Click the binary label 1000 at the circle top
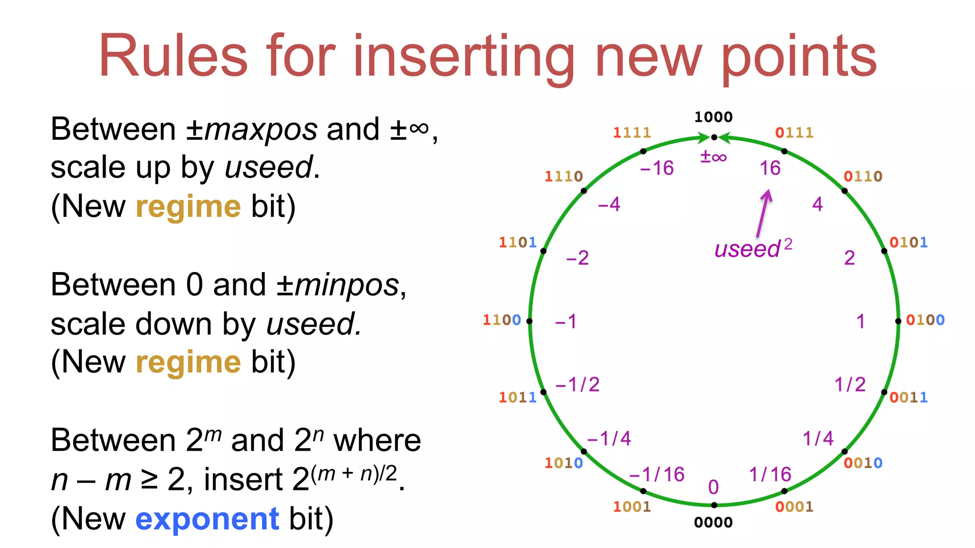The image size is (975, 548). point(713,117)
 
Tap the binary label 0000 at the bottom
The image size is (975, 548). point(713,522)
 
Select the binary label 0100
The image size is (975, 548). point(925,320)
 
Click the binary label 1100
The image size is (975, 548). point(502,320)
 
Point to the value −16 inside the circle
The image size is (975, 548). point(657,168)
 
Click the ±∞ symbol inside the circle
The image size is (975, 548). point(713,157)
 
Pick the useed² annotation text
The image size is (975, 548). point(753,248)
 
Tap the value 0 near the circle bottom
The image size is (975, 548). point(713,487)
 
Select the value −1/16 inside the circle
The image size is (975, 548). point(657,474)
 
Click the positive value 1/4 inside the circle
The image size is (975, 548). point(818,438)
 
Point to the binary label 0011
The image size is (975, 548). point(908,397)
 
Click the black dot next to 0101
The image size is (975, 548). point(884,251)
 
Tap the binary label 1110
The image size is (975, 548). point(564,176)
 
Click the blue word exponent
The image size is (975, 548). point(207,519)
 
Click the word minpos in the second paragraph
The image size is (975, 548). point(347,285)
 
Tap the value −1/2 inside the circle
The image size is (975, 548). point(577,384)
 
